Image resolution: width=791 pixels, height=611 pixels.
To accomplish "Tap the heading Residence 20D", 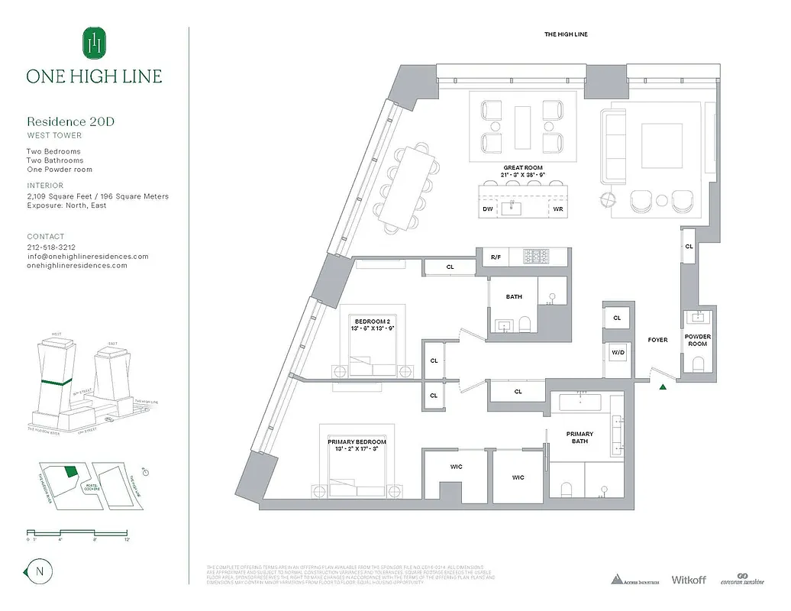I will tap(70, 121).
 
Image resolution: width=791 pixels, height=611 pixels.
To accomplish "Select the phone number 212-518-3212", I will tap(51, 247).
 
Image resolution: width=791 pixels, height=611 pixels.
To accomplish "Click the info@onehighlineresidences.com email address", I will tap(87, 257).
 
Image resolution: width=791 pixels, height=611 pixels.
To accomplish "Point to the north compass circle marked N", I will tap(37, 570).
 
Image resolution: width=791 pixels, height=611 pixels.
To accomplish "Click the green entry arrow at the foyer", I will tap(663, 387).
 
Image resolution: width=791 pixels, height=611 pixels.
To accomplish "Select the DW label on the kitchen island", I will tap(487, 208).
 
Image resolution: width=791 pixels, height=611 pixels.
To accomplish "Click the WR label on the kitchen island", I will tap(558, 208).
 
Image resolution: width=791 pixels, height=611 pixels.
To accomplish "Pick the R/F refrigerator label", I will tap(495, 258).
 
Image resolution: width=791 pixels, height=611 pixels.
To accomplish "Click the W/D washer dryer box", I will tap(617, 352).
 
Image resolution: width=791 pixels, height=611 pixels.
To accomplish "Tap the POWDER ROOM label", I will tap(697, 340).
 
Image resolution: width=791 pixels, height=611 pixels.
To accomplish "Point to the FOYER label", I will tap(657, 340).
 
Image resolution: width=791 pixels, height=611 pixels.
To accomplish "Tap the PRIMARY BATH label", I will tap(580, 438).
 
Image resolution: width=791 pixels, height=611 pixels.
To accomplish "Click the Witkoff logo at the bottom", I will tap(689, 580).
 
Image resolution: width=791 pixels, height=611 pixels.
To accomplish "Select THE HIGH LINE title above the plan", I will tap(565, 34).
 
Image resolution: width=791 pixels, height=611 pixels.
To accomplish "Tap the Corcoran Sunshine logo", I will tap(742, 579).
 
